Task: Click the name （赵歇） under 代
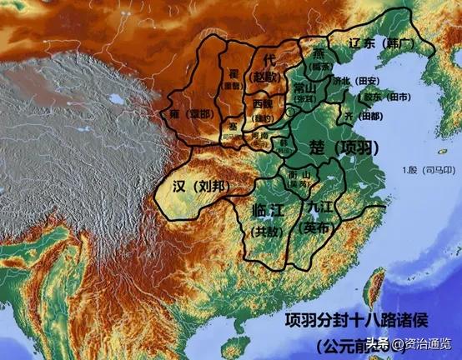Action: (x=269, y=77)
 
